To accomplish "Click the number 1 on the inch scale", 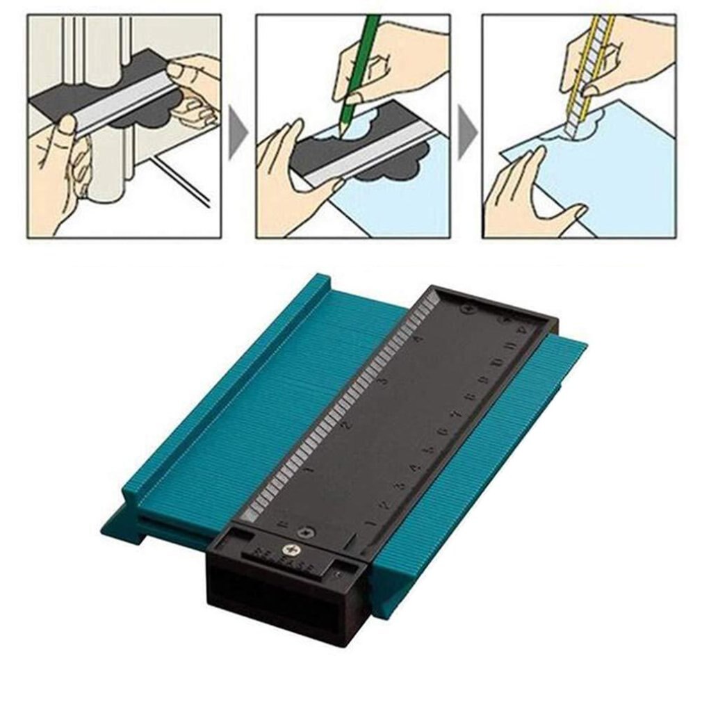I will tap(309, 471).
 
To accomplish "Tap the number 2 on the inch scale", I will tap(348, 425).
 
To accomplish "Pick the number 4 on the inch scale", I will tap(417, 338).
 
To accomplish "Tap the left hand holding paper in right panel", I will tap(521, 195).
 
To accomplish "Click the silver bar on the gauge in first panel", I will tap(125, 104).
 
